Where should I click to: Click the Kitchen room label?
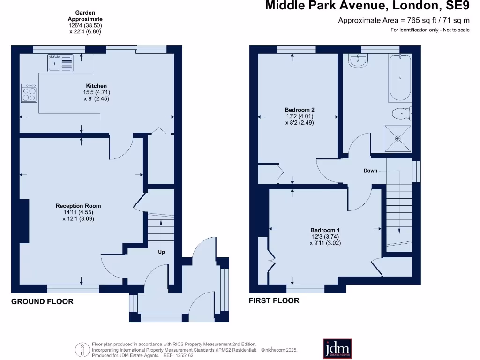click(96, 86)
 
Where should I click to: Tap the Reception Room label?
click(78, 206)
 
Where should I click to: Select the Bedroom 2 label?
click(299, 110)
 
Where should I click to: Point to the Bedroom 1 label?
click(325, 230)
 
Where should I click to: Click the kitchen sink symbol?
click(60, 63)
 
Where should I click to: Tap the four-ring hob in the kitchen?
click(30, 93)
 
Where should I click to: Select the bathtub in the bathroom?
click(399, 77)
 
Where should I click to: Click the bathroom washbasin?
click(359, 60)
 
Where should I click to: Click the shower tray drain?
click(397, 138)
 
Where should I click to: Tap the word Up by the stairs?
click(161, 252)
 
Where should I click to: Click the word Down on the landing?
click(370, 171)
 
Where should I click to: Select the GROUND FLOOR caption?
click(42, 301)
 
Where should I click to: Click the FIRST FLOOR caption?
click(274, 300)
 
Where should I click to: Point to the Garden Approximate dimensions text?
click(84, 22)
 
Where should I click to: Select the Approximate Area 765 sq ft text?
click(404, 20)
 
